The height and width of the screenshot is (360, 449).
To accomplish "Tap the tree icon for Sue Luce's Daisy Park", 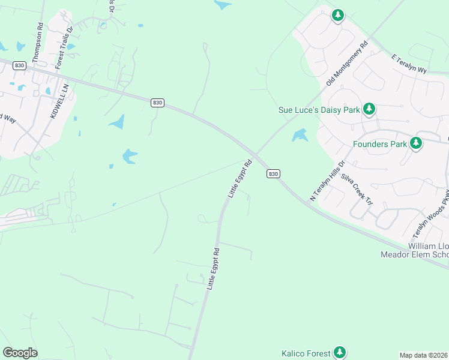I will [370, 109].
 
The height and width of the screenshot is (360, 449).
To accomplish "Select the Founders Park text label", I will [379, 144].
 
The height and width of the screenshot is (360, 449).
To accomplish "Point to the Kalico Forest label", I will [306, 353].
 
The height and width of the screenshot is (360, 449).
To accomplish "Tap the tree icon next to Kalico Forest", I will [340, 352].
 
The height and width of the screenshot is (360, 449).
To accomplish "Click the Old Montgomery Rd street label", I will [346, 63].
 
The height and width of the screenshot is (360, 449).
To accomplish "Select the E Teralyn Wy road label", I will [409, 64].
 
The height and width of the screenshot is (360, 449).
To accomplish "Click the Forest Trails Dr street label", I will [64, 47].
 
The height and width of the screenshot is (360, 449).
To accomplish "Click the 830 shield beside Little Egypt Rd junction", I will [273, 173].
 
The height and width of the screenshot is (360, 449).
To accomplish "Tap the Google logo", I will [20, 353].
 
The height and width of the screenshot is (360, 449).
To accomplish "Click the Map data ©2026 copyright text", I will [424, 355].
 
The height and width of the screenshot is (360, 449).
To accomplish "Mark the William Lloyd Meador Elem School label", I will [415, 250].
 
